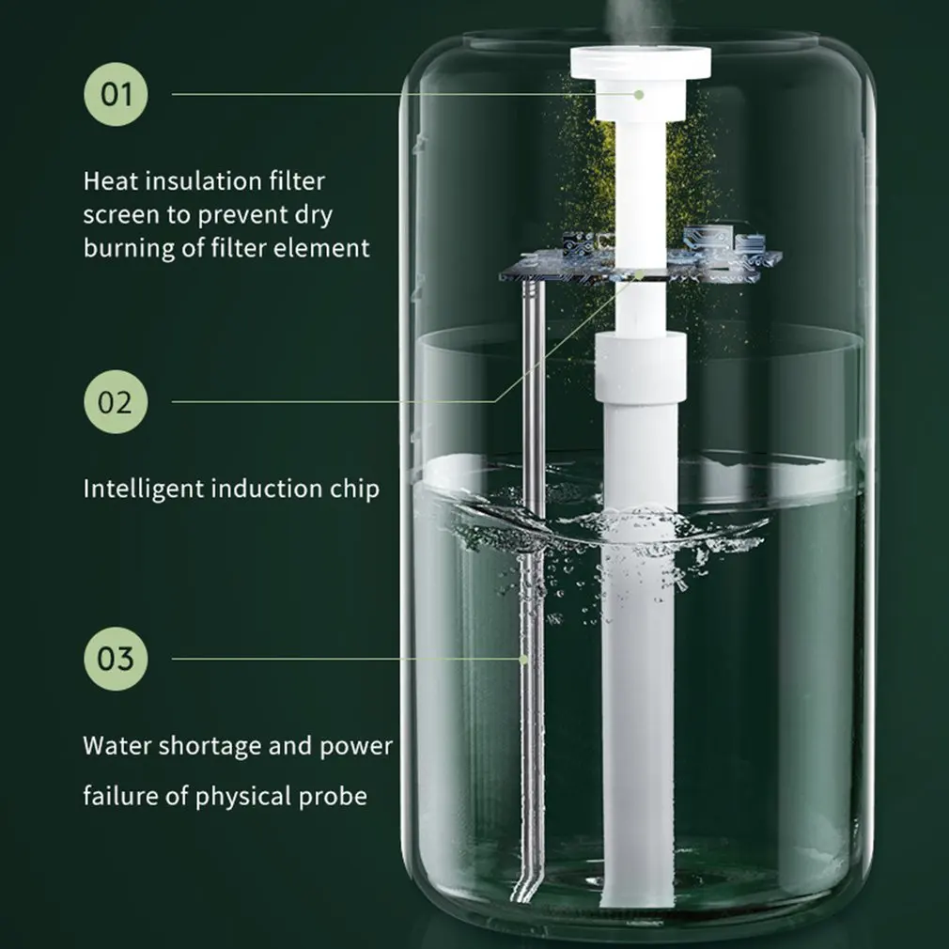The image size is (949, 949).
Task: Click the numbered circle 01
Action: pyautogui.click(x=117, y=94)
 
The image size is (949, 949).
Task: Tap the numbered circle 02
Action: pyautogui.click(x=117, y=402)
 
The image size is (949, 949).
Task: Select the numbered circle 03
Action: pyautogui.click(x=117, y=658)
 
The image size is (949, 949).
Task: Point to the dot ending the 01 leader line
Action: pyautogui.click(x=638, y=94)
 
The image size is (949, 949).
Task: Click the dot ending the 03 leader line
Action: pyautogui.click(x=524, y=659)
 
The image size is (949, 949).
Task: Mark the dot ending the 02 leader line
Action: pyautogui.click(x=639, y=274)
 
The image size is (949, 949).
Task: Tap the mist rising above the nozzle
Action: pyautogui.click(x=639, y=14)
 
